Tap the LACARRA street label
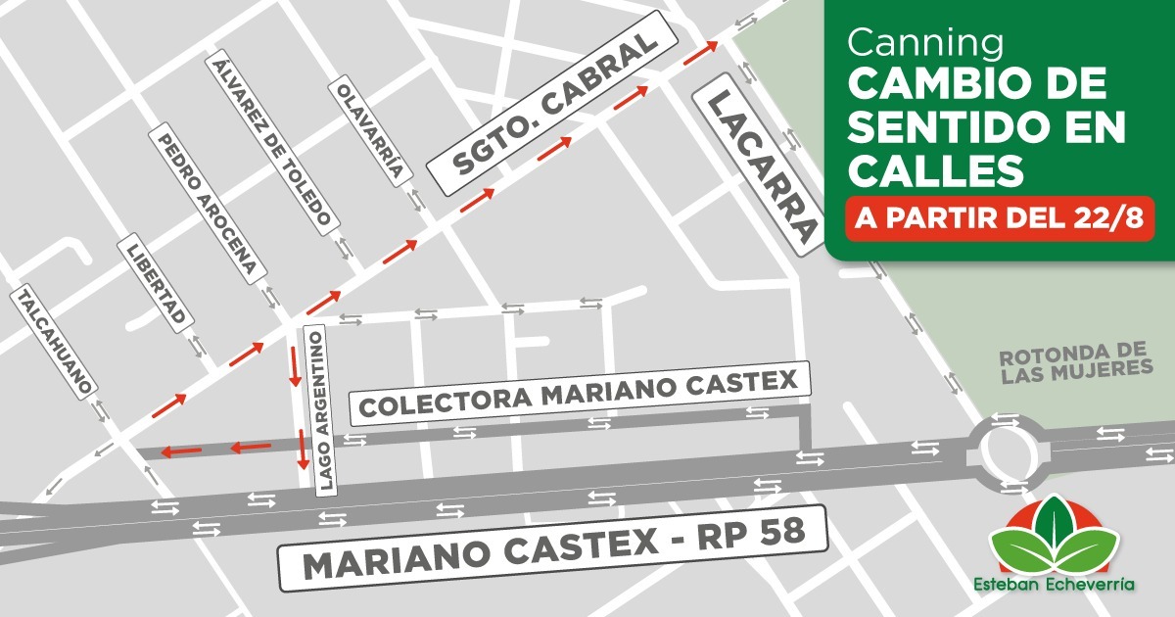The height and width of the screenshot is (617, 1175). tap(755, 168)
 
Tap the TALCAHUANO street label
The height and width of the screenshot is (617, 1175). tap(55, 342)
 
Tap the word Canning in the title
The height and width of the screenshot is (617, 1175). tap(925, 42)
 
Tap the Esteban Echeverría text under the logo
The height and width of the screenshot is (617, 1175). tap(1054, 584)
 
